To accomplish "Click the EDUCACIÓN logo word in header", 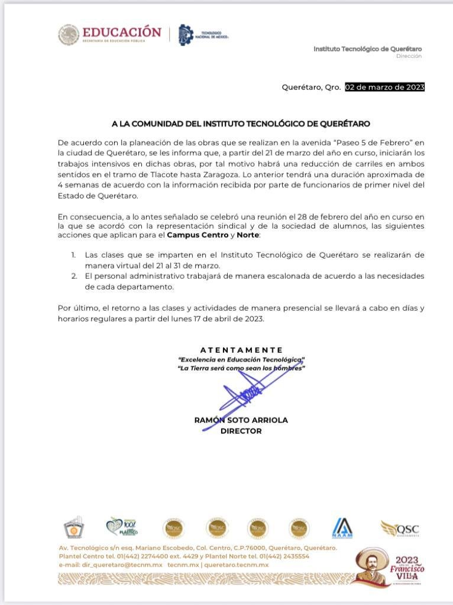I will pos(121,32).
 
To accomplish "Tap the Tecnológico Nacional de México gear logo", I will pos(186,35).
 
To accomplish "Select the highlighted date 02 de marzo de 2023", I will pos(385,87).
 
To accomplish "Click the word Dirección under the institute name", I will pos(409,56).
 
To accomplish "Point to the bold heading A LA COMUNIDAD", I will pos(241,123).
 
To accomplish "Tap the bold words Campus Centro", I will pos(198,235).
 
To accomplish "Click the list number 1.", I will pos(73,255).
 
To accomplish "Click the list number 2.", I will pos(73,276).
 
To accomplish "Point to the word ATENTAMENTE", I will pos(241,350).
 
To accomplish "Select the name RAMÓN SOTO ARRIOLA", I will pos(241,420).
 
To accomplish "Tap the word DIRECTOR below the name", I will pos(241,431).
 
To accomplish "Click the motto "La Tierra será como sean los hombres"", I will pos(241,368).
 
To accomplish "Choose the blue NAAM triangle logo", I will pos(342,528).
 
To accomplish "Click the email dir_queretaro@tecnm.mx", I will pos(111,565).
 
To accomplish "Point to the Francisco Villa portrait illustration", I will pos(371,568).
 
